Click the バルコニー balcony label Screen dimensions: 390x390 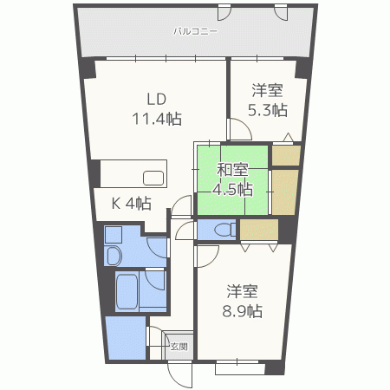pyautogui.click(x=195, y=31)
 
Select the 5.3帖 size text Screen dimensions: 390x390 pyautogui.click(x=269, y=110)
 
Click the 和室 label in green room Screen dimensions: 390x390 pyautogui.click(x=232, y=168)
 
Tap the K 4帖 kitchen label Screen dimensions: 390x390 pyautogui.click(x=132, y=204)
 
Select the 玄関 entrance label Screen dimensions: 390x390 pyautogui.click(x=179, y=346)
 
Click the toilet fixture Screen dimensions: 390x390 pyautogui.click(x=222, y=230)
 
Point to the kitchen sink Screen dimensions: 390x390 pyautogui.click(x=153, y=179)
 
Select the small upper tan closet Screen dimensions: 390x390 pyautogui.click(x=285, y=156)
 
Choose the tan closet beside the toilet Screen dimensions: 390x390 pyautogui.click(x=258, y=230)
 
